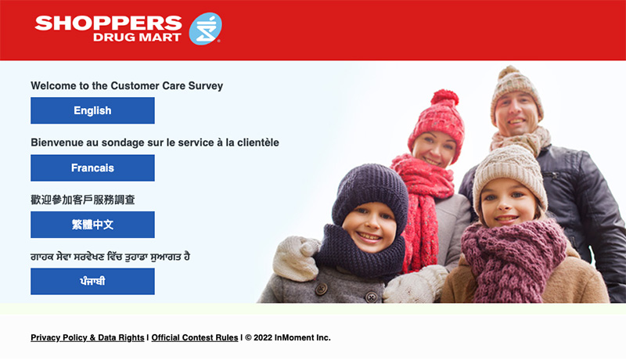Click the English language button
(x=92, y=110)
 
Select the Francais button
(x=92, y=168)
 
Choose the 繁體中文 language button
(x=92, y=225)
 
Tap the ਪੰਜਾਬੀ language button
(x=92, y=282)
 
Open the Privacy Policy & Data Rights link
(x=88, y=337)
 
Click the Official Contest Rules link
(x=195, y=337)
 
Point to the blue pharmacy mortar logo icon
(x=205, y=29)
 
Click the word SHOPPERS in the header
(x=108, y=23)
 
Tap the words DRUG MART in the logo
(x=137, y=38)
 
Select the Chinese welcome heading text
(x=83, y=200)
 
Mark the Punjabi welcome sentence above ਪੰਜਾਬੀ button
(x=110, y=256)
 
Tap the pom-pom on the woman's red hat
(x=444, y=97)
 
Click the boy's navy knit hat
(x=369, y=195)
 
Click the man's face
(x=516, y=112)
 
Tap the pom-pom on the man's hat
(x=508, y=72)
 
